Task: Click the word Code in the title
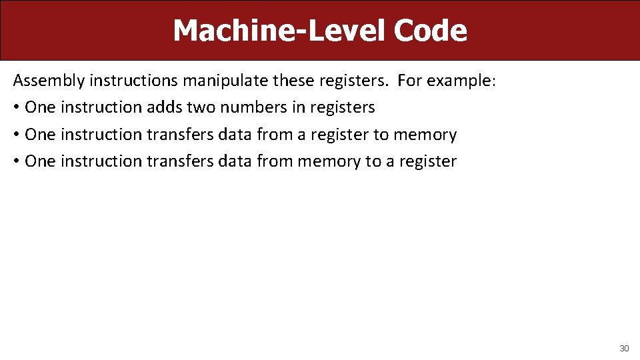[x=431, y=31]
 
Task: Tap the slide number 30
[x=624, y=348]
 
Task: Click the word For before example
[x=409, y=81]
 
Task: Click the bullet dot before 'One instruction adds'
[x=16, y=107]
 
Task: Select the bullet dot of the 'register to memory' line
[x=16, y=135]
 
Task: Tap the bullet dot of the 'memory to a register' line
[x=16, y=161]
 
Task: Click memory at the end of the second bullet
[x=425, y=135]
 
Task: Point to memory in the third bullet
[x=329, y=161]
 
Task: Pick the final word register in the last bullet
[x=429, y=161]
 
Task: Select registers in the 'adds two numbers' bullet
[x=343, y=107]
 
